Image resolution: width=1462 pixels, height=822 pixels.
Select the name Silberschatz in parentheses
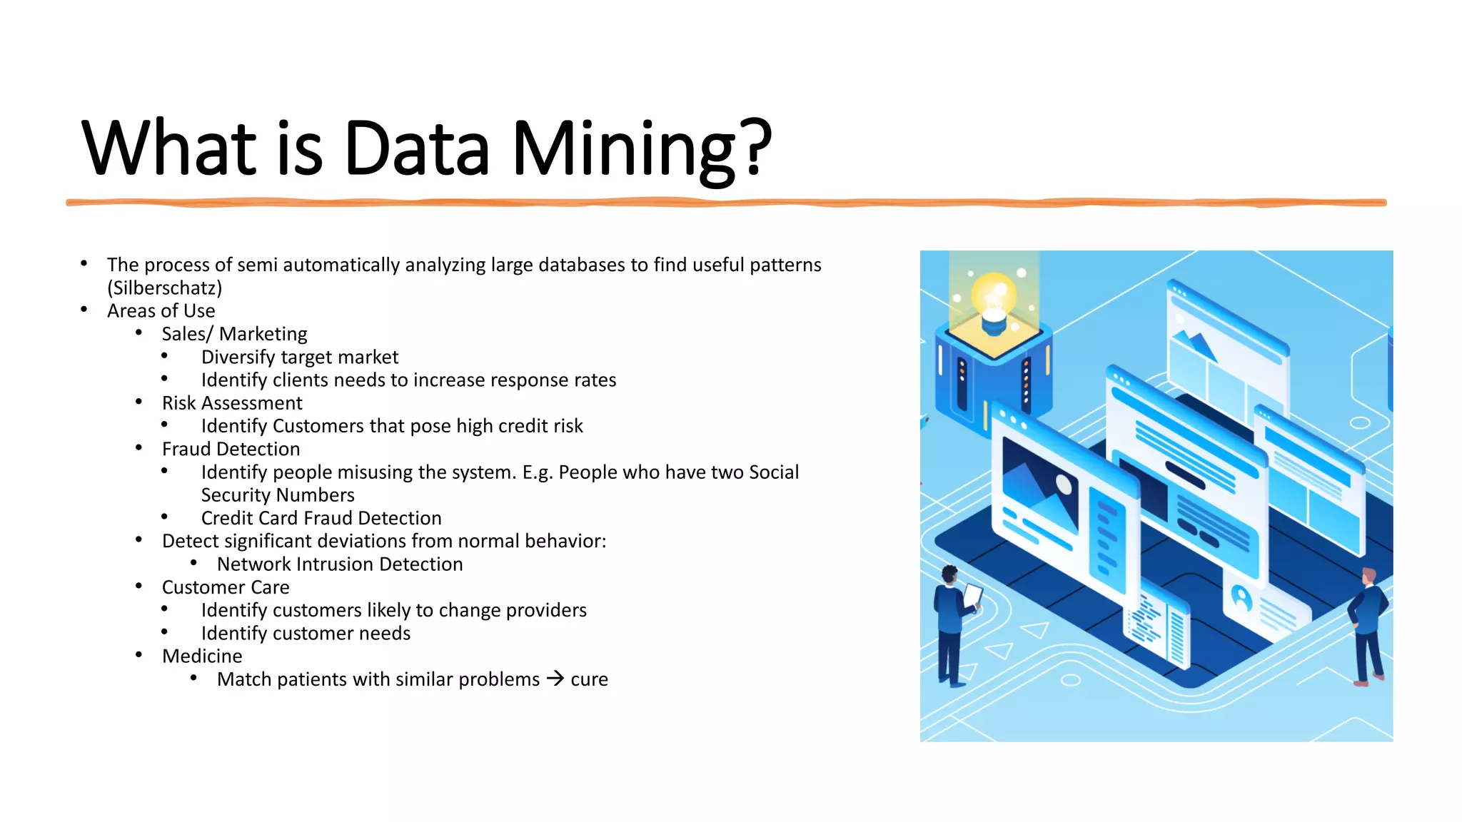pos(165,288)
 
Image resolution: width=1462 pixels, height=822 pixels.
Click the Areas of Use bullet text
pos(161,311)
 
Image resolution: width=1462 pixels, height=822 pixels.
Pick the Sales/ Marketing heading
pos(234,334)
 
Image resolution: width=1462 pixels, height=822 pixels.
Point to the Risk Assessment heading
pos(232,403)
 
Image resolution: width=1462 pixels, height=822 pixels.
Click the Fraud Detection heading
pos(231,449)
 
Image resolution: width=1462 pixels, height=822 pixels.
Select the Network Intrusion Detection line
pos(340,564)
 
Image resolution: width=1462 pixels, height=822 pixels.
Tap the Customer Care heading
pos(226,587)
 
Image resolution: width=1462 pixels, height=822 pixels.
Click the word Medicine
pos(202,656)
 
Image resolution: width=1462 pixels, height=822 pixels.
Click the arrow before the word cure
pos(555,679)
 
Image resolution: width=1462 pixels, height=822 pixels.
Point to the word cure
pos(590,680)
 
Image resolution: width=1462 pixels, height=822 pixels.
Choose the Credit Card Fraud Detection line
pos(321,518)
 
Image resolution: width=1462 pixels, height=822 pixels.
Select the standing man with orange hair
pos(1368,625)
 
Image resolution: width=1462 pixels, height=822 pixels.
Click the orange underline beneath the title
pos(726,203)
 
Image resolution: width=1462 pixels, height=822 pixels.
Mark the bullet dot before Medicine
pos(138,655)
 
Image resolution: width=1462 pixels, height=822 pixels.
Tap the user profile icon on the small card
pos(1242,597)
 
